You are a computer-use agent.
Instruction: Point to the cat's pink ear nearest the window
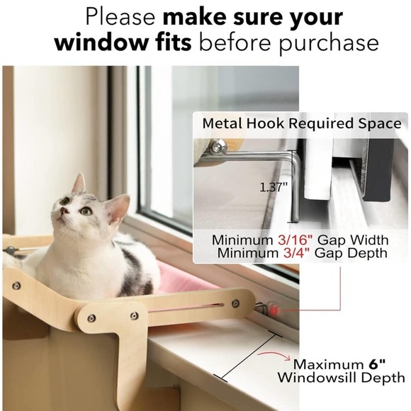tap(117, 209)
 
